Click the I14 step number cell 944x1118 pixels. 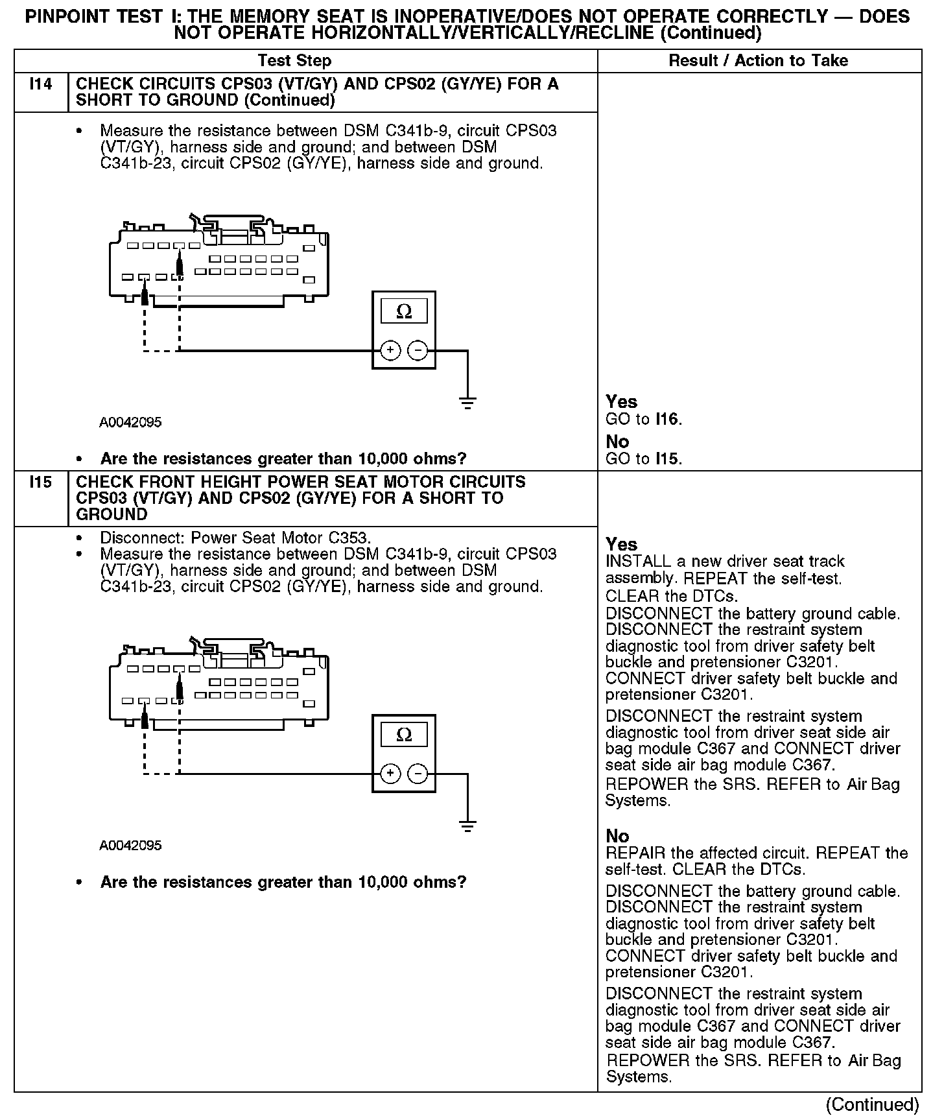41,84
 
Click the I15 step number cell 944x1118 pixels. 41,482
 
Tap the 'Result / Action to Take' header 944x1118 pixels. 758,61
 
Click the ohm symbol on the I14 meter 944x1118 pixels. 403,313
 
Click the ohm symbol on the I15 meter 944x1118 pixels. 403,735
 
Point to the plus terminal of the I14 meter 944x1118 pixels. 390,351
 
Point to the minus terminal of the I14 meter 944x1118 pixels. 418,351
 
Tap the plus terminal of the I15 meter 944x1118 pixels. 390,774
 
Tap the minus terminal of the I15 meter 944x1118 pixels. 418,774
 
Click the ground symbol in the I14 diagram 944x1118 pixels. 467,403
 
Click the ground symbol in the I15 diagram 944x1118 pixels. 467,826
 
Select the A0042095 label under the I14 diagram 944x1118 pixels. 130,423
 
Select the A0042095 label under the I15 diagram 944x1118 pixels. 130,846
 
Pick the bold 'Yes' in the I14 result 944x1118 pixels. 621,402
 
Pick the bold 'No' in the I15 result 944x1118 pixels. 617,836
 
